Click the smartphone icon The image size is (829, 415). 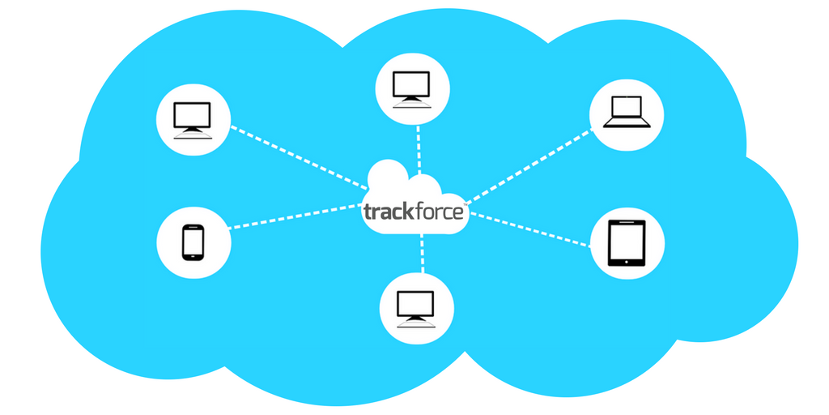click(x=193, y=242)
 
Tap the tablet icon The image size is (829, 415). click(x=627, y=243)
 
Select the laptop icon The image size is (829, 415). click(x=627, y=112)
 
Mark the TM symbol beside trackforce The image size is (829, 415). click(x=466, y=203)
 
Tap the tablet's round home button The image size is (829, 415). click(x=627, y=262)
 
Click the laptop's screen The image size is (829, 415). click(x=627, y=108)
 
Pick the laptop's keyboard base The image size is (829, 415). click(x=627, y=124)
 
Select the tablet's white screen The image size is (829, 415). click(x=627, y=241)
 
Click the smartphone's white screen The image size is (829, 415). click(x=193, y=242)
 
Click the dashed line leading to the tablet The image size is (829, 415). click(x=530, y=229)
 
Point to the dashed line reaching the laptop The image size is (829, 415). click(x=529, y=166)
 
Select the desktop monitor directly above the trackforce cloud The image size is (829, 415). click(x=412, y=89)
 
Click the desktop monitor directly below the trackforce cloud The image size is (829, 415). click(x=416, y=309)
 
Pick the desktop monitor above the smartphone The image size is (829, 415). click(x=193, y=120)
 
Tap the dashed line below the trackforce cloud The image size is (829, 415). click(x=422, y=253)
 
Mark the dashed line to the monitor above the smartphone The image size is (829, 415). click(x=300, y=157)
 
